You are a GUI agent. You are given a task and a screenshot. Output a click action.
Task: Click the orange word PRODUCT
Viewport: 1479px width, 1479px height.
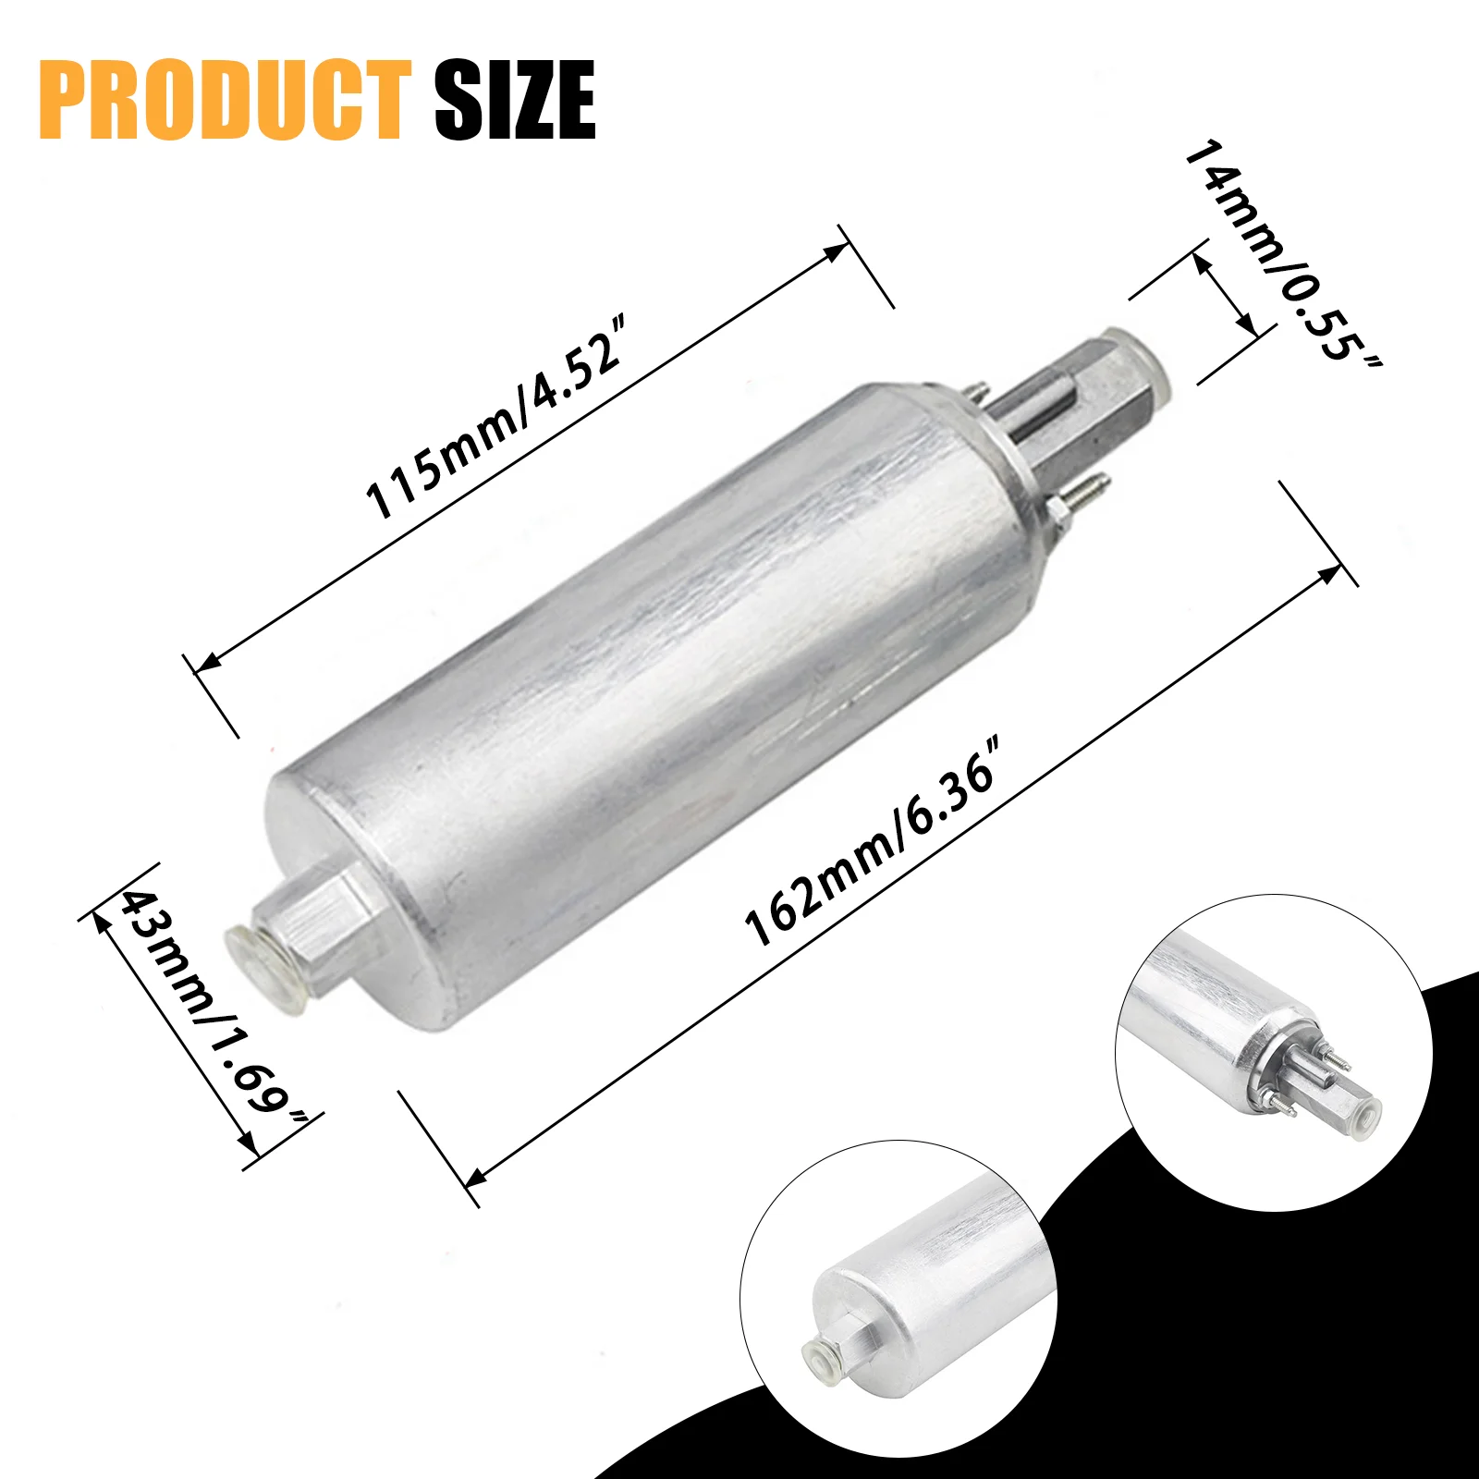point(225,100)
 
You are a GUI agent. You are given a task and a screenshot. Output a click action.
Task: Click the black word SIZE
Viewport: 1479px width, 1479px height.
point(515,100)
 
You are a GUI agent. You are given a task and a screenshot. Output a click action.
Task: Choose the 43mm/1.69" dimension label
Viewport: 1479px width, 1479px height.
point(213,1008)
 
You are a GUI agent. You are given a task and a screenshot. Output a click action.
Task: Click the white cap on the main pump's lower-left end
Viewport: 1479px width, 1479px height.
point(263,967)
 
